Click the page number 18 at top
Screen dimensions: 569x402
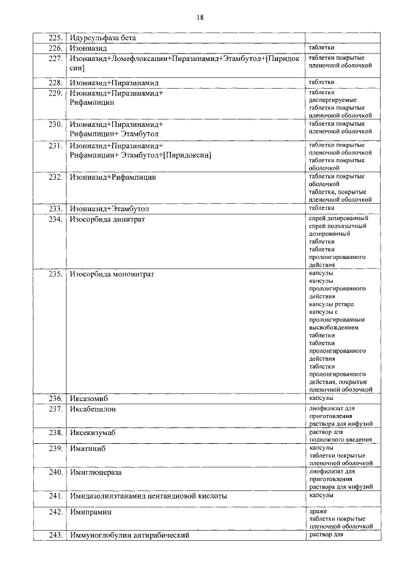(200, 18)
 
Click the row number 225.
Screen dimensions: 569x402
(55, 38)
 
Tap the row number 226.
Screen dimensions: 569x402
(55, 48)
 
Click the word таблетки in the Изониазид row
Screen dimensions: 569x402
(322, 48)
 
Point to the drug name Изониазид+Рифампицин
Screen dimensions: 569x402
(112, 177)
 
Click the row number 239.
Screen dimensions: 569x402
(55, 448)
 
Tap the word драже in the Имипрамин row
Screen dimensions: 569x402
(318, 511)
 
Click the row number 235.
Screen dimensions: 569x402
(55, 274)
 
